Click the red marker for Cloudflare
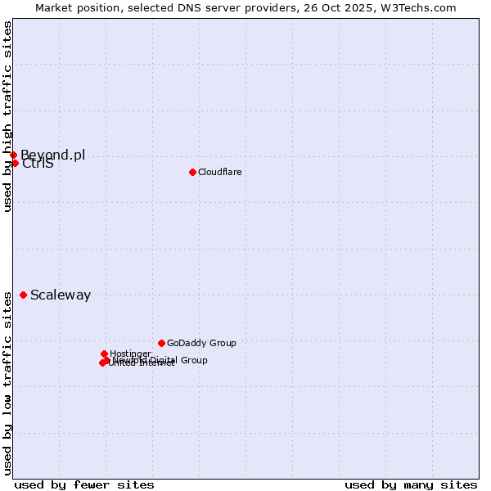(x=192, y=172)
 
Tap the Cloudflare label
(x=219, y=172)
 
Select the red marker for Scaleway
(x=23, y=295)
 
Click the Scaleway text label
(x=61, y=295)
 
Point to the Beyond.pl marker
(x=13, y=155)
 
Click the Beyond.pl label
(x=52, y=155)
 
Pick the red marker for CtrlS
(x=15, y=163)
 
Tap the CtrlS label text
(x=38, y=164)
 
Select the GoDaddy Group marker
(x=161, y=343)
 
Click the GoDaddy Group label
(x=201, y=344)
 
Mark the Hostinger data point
(x=104, y=354)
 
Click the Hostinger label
(x=130, y=354)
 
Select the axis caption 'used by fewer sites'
(x=84, y=484)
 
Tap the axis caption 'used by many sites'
(x=411, y=484)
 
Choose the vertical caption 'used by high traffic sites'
(x=8, y=117)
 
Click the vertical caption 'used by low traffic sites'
(x=8, y=383)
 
